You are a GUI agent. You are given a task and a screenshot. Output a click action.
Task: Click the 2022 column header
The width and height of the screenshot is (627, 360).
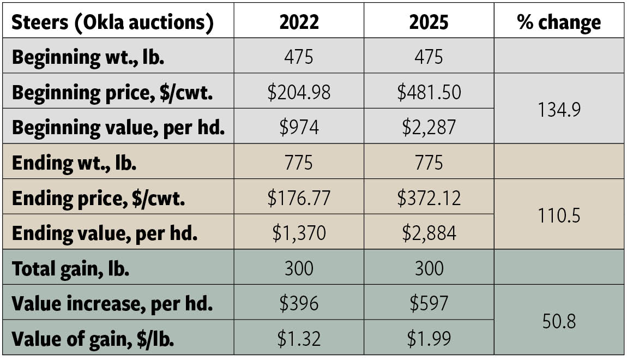point(299,22)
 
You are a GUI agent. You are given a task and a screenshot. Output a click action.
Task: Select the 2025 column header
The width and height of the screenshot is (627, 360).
point(429,22)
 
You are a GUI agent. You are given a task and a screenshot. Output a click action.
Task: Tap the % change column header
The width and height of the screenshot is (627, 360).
point(559,22)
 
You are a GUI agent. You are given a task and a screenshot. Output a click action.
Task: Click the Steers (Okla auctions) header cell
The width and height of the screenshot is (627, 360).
point(112,22)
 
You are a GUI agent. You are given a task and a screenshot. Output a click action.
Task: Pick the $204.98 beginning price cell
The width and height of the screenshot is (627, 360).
point(299,92)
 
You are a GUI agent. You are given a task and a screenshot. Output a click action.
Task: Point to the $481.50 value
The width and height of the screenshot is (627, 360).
point(429,92)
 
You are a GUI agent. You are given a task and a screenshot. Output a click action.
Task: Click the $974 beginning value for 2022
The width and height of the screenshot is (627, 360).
point(299,127)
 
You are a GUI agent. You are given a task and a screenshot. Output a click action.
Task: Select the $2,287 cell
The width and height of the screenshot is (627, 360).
point(429,127)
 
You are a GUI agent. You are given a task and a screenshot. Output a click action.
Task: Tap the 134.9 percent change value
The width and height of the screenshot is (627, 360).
point(559,109)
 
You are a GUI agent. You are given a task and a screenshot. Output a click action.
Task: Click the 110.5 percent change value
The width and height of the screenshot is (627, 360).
point(559,215)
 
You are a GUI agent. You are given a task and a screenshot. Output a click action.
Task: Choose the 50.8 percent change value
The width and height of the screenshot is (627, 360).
point(559,321)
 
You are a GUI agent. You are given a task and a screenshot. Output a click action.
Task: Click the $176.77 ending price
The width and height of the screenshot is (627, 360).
point(299,197)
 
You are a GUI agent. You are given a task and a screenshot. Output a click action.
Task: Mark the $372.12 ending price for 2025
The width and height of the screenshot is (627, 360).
point(429,197)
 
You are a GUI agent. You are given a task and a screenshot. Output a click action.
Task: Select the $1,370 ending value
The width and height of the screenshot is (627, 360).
point(299,233)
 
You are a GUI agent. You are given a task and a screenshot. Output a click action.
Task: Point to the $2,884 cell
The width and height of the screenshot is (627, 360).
point(429,233)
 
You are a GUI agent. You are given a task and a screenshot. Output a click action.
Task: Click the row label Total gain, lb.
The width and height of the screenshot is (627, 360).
point(70,268)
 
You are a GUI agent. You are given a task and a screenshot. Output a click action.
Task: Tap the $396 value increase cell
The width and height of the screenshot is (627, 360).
point(299,303)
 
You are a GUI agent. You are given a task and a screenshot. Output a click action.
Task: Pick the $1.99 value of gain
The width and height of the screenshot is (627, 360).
point(429,339)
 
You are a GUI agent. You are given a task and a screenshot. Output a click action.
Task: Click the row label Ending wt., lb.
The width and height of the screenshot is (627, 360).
point(74,163)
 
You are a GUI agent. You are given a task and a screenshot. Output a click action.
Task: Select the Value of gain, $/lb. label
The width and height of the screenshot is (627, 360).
point(93,339)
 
